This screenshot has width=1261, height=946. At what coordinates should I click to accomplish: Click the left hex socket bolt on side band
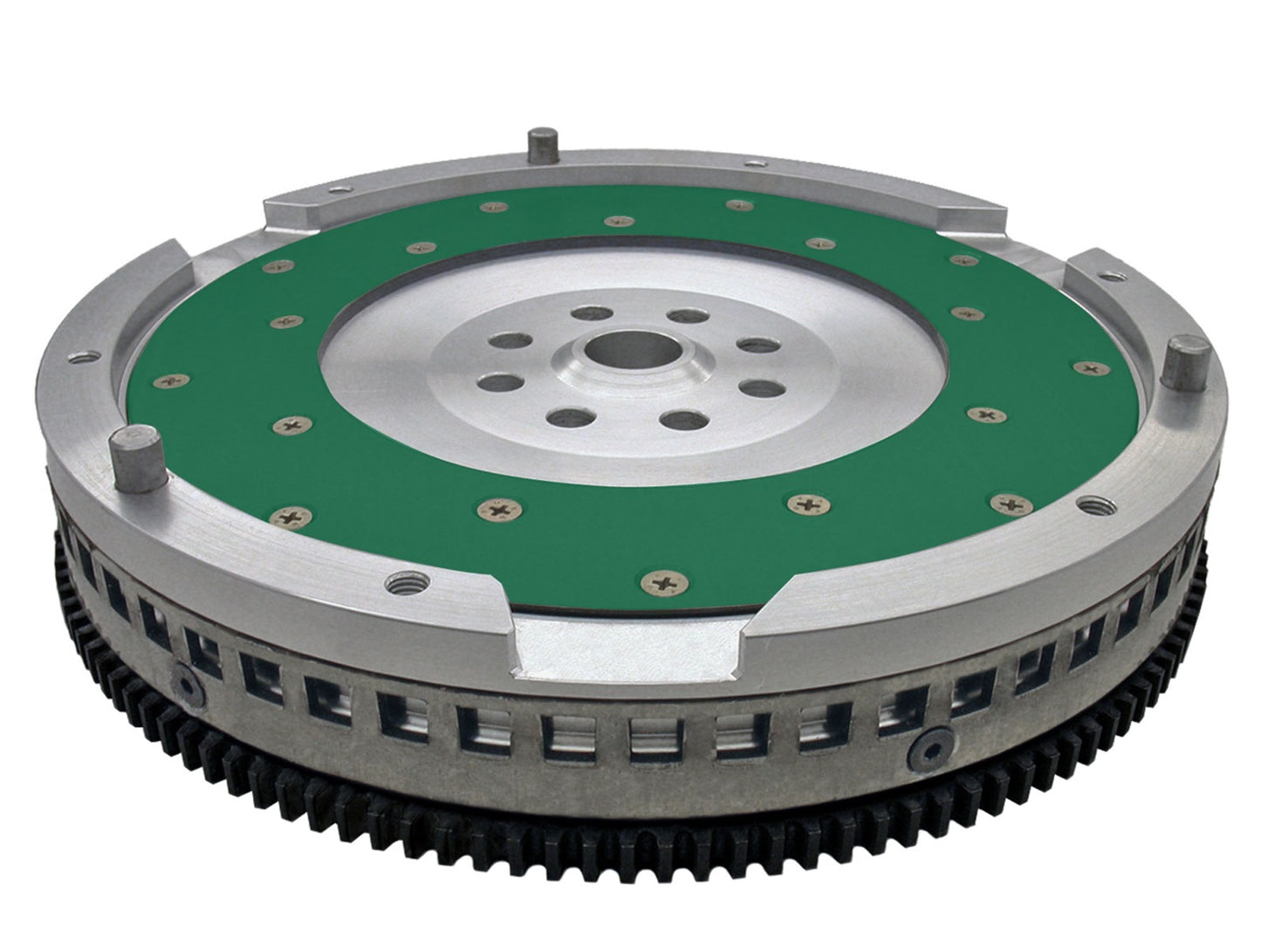coord(187,677)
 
